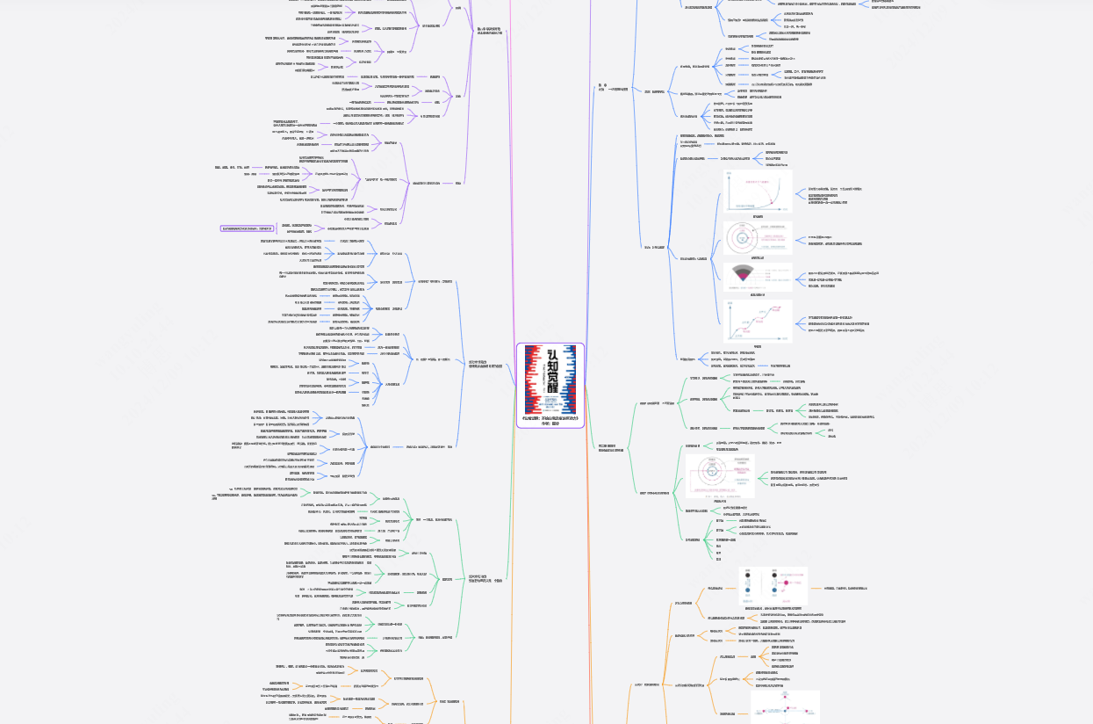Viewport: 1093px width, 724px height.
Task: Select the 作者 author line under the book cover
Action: tap(550, 424)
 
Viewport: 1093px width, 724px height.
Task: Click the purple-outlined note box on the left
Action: tap(247, 228)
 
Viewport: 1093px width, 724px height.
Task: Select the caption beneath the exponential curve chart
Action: tap(757, 216)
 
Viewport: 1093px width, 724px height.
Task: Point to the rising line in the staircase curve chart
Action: tap(764, 321)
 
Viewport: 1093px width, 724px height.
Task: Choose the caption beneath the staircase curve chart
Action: tap(757, 347)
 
